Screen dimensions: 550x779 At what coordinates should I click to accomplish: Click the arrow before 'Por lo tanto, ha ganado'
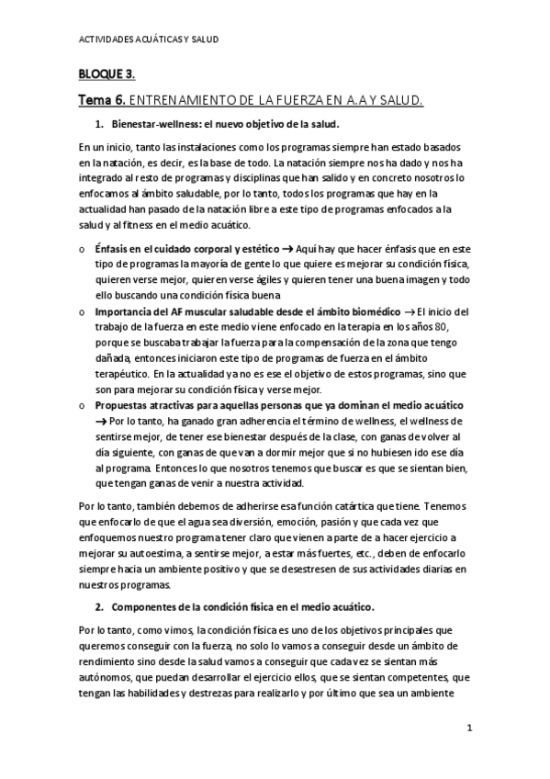click(101, 420)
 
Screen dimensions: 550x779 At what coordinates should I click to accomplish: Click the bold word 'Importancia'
click(126, 312)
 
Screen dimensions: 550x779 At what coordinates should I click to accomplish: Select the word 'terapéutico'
click(127, 374)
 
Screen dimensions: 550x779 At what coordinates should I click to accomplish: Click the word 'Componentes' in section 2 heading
click(146, 607)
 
